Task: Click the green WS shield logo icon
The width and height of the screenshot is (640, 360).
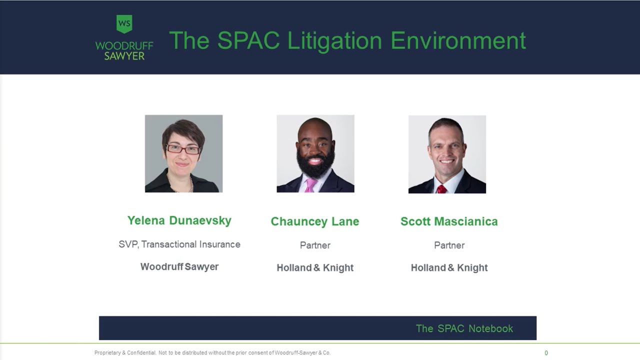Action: (124, 23)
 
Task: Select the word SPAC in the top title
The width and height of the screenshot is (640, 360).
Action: (248, 40)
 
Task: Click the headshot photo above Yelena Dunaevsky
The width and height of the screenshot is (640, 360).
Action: (183, 153)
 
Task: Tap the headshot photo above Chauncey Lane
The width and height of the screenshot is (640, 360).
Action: (315, 153)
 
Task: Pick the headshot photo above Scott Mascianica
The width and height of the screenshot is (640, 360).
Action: (447, 154)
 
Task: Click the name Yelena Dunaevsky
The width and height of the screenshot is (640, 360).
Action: (179, 220)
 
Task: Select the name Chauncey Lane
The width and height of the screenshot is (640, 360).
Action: (315, 221)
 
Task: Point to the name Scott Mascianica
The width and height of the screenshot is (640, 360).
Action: (449, 221)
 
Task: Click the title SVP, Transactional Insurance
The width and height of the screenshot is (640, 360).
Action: (179, 244)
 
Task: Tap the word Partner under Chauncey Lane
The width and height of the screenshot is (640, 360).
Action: (315, 245)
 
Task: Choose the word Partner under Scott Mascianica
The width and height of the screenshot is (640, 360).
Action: (449, 245)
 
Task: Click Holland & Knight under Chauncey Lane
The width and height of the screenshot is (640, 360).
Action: (315, 267)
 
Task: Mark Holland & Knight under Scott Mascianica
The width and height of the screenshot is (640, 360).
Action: (449, 267)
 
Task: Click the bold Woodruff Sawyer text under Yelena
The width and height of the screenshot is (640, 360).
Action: (179, 266)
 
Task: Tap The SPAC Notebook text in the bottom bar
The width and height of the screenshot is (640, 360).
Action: (464, 328)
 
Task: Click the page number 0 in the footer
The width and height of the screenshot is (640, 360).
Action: (546, 353)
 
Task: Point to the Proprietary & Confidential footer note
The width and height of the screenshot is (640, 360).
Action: (212, 353)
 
